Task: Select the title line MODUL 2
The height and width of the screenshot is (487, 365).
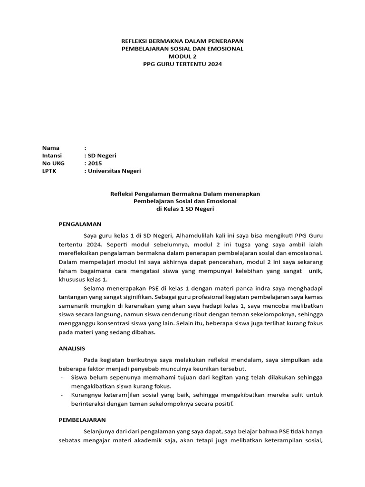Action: point(182,56)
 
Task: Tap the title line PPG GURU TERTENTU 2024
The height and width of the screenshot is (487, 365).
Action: point(182,64)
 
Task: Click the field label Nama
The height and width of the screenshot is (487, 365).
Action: point(50,148)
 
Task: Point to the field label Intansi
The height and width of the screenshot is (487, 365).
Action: point(52,156)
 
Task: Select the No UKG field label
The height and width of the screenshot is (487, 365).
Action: point(53,163)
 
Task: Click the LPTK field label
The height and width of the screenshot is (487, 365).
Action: point(50,171)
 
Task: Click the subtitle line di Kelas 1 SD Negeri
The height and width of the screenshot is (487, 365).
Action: point(182,209)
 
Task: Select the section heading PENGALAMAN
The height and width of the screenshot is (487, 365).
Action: point(80,224)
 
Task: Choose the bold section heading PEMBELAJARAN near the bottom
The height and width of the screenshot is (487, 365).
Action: point(82,420)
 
